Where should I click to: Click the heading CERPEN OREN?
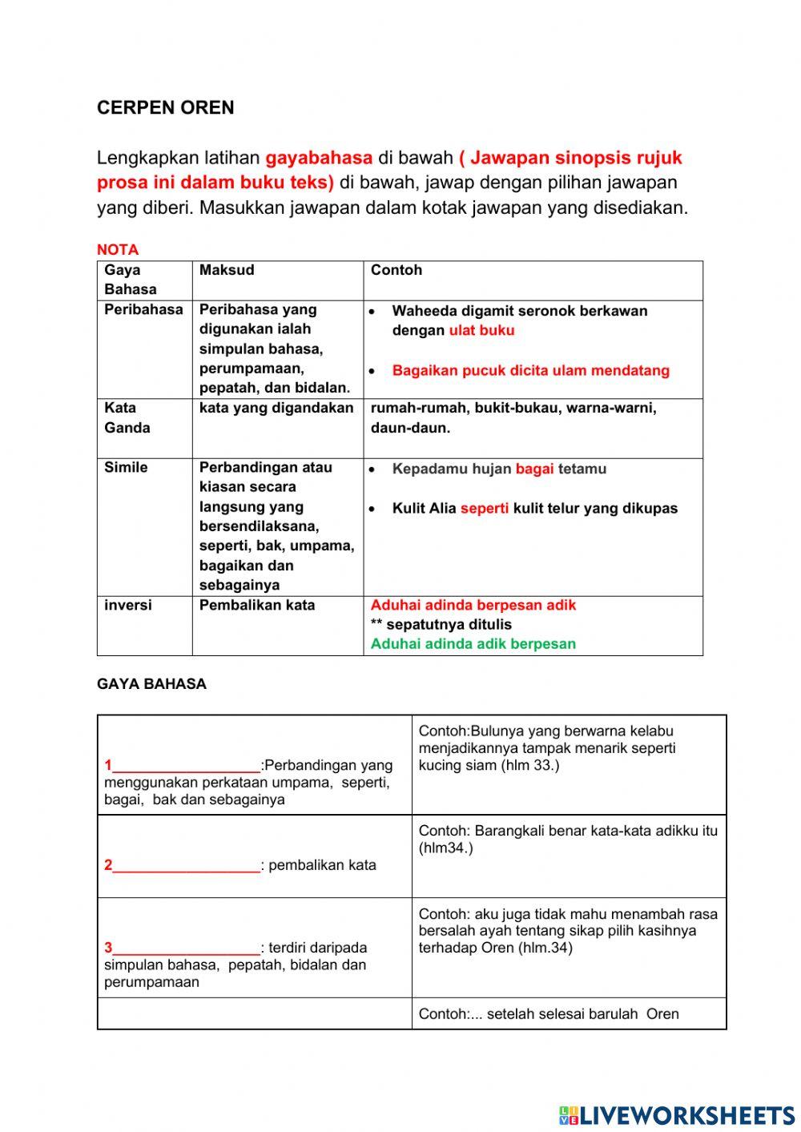(165, 108)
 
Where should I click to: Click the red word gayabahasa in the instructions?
(319, 158)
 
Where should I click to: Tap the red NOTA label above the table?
(118, 249)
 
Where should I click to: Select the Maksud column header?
(227, 271)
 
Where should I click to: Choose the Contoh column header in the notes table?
(396, 271)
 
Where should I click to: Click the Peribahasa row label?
(143, 310)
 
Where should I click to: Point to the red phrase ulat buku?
(481, 330)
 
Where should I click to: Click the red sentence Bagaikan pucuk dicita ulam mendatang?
(530, 370)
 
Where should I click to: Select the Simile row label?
(126, 467)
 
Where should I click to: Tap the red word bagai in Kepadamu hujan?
(534, 469)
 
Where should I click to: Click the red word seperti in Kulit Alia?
(484, 508)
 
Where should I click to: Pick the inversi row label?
(127, 605)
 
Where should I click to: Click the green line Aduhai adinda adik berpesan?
(473, 643)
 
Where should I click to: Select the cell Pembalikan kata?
(257, 605)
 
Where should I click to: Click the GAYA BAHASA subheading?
(151, 684)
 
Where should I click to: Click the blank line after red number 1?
(187, 766)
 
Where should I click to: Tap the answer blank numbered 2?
(187, 865)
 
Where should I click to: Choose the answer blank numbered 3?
(187, 949)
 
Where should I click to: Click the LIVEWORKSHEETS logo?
(677, 1114)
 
